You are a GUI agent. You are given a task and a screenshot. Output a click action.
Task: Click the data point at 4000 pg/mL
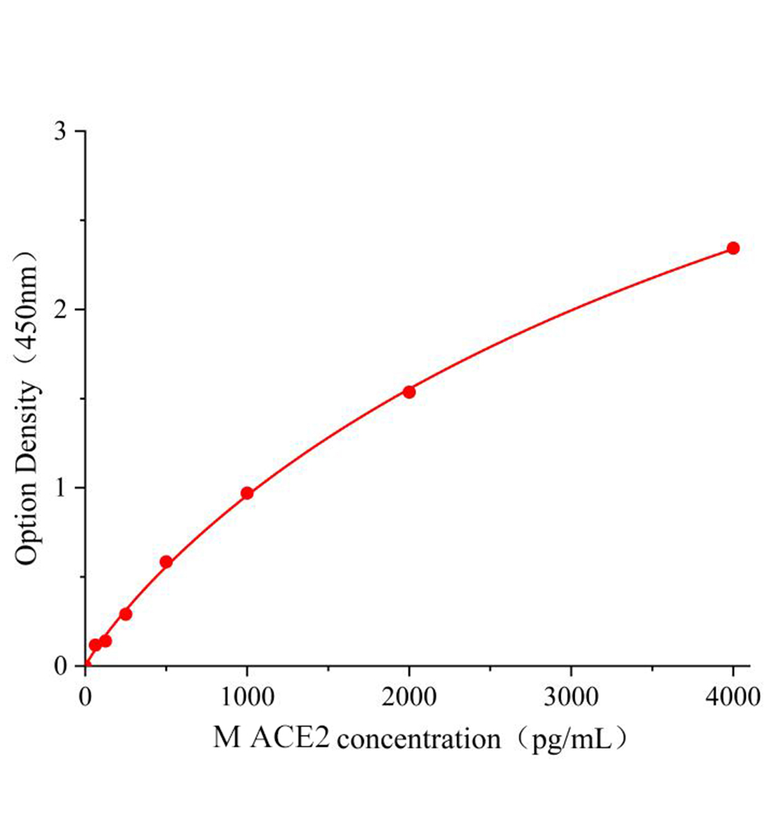733,248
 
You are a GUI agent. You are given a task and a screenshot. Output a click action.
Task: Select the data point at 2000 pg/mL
409,392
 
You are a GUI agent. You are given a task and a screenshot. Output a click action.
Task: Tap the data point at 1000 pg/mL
247,493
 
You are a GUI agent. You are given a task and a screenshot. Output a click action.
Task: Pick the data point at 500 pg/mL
166,562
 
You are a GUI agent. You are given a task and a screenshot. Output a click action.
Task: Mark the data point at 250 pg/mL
126,614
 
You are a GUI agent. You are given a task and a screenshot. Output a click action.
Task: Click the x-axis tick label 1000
246,696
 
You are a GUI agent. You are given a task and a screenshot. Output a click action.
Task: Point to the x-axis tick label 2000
409,696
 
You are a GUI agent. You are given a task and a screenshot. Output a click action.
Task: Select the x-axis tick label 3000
570,696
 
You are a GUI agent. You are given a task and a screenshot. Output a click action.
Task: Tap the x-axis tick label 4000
733,696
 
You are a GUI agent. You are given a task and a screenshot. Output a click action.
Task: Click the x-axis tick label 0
86,696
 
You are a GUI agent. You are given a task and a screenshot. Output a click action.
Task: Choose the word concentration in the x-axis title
419,739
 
